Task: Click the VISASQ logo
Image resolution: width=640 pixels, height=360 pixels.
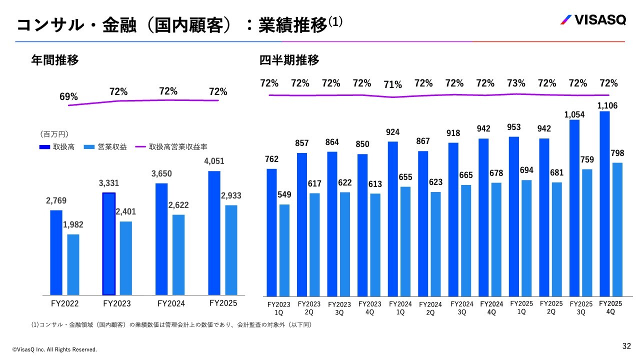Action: tap(592, 20)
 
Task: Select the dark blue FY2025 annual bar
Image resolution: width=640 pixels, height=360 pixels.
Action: tap(214, 232)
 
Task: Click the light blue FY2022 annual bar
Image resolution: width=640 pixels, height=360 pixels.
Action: tap(73, 264)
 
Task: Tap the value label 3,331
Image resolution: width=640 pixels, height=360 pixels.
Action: tap(109, 183)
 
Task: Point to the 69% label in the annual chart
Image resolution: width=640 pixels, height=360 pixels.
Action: tap(68, 97)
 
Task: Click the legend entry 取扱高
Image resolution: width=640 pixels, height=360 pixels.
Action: tap(56, 147)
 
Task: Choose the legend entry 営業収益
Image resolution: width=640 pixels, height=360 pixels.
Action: tap(105, 147)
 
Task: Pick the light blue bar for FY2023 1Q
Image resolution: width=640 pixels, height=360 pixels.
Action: tap(284, 249)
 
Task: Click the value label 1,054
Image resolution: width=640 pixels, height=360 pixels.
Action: tap(574, 114)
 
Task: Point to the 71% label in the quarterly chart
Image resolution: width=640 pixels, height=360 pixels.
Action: tap(393, 85)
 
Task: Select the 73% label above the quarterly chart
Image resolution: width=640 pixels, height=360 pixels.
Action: tap(516, 83)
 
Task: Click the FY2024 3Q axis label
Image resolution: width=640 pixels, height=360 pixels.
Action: tap(461, 308)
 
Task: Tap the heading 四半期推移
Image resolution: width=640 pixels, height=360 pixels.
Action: tap(289, 60)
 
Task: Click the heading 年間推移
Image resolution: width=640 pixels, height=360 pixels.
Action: tap(55, 60)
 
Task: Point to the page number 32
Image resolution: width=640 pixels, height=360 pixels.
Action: tap(626, 346)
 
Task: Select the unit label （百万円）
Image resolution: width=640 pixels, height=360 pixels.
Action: tap(54, 134)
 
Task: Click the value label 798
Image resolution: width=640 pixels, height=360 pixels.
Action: tap(617, 153)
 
